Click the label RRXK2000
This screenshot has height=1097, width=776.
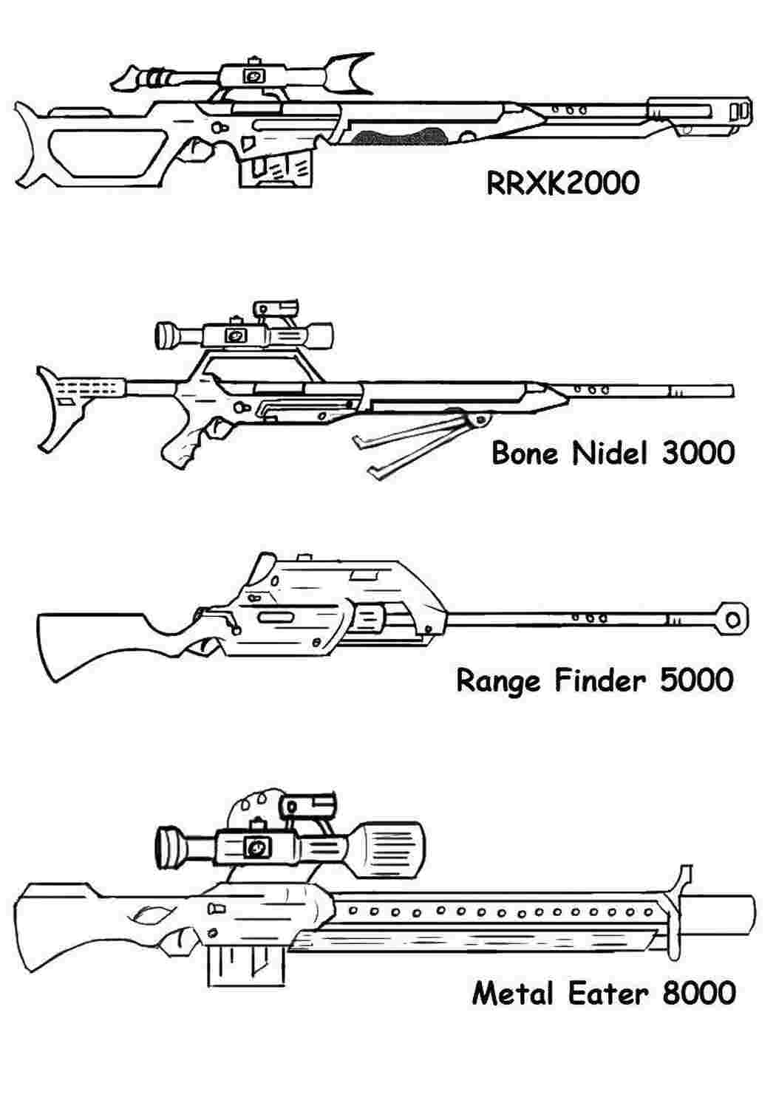pyautogui.click(x=562, y=183)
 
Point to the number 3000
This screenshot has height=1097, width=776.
pyautogui.click(x=698, y=453)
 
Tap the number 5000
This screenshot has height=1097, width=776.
pyautogui.click(x=697, y=680)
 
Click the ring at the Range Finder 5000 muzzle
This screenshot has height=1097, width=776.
pyautogui.click(x=732, y=621)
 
